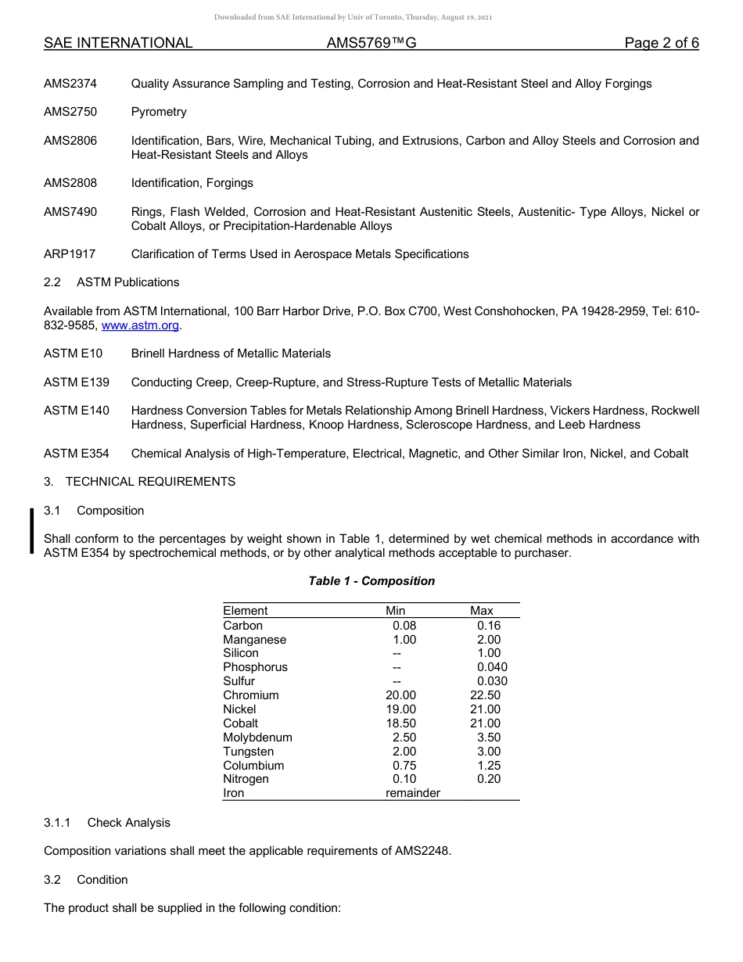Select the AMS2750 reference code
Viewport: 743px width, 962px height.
pos(70,112)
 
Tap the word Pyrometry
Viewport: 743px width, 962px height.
pos(159,112)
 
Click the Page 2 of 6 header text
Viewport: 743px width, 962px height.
pos(662,43)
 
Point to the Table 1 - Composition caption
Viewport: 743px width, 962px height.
pos(371,581)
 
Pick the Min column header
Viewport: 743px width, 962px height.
pos(396,611)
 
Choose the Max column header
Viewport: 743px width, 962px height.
pos(482,611)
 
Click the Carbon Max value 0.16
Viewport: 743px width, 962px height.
pos(489,626)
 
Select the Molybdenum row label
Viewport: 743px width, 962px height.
pos(257,738)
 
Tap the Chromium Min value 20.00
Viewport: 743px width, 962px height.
pos(401,695)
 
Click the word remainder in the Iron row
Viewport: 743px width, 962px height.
pos(413,793)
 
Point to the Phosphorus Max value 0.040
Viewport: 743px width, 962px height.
pos(492,667)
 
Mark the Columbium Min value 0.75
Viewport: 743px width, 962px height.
pos(404,766)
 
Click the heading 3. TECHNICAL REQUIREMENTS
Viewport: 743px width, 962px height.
pos(139,482)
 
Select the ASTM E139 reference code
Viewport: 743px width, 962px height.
pos(77,382)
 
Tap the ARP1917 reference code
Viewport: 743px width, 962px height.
pos(70,254)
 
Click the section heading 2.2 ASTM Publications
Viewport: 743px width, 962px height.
pos(111,282)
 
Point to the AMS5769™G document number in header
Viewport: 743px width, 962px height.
pos(371,43)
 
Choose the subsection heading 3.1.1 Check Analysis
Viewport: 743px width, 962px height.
pos(106,823)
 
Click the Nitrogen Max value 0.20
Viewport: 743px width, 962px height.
pos(489,779)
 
